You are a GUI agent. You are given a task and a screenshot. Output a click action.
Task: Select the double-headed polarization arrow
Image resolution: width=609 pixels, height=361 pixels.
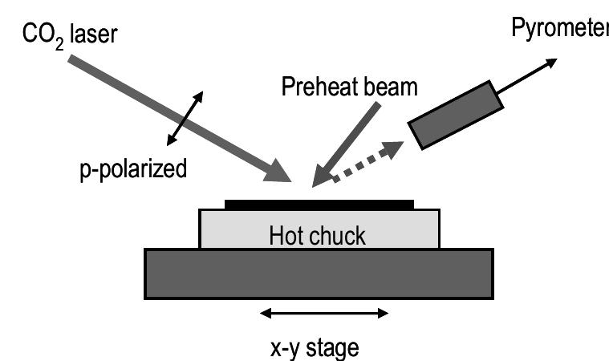pos(185,119)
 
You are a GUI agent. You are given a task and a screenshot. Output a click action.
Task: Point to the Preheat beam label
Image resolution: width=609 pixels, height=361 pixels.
pos(349,87)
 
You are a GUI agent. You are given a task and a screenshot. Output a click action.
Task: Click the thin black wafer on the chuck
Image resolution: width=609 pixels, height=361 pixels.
pos(319,204)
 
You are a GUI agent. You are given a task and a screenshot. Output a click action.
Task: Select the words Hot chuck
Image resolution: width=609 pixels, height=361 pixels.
pos(317,236)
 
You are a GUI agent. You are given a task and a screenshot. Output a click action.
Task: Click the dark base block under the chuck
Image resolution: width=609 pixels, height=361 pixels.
pos(318,273)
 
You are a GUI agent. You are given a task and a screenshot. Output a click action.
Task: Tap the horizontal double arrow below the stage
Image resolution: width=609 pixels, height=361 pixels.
pos(325,314)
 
